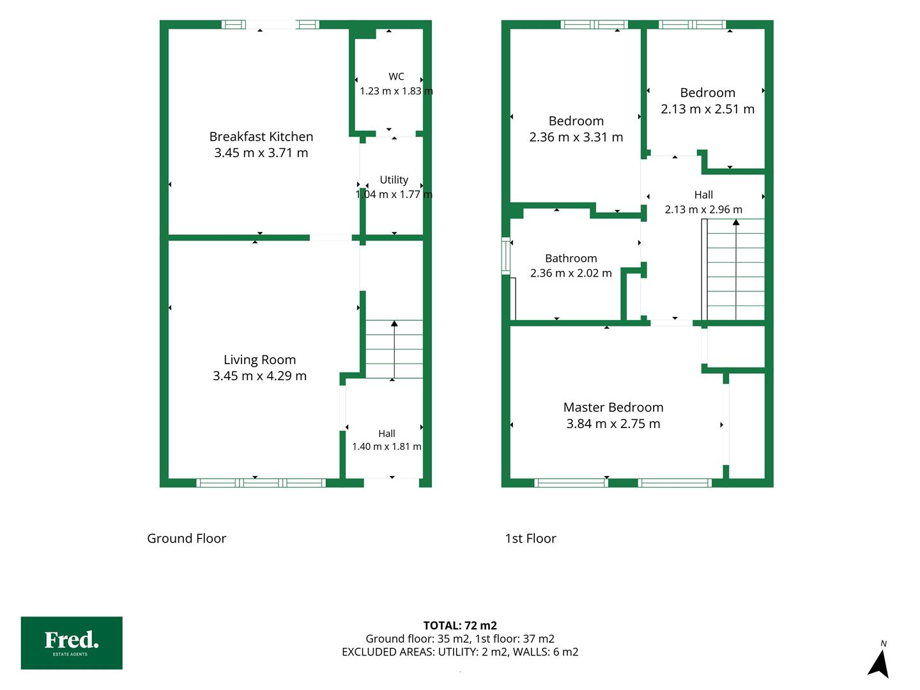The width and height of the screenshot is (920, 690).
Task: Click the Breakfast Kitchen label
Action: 261,137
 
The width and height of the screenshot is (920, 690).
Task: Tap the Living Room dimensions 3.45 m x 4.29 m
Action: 259,376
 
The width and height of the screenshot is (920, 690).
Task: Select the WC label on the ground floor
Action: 396,76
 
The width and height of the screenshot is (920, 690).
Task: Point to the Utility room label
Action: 394,180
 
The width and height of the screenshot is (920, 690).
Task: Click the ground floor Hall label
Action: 387,433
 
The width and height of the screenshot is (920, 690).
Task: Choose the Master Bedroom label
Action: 613,407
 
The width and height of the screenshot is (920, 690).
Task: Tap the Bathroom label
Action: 571,259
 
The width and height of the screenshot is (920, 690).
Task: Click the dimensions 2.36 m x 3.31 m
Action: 576,137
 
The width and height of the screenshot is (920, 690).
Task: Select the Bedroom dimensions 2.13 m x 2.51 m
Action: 707,109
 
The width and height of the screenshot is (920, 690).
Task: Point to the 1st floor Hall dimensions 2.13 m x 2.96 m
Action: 703,210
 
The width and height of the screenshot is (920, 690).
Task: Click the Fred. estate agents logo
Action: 72,643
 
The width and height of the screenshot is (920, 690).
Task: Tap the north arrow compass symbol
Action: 879,663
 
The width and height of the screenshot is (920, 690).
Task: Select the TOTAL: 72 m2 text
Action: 460,625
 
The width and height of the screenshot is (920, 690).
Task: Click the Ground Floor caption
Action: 187,539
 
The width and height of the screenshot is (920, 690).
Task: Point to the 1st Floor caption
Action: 531,539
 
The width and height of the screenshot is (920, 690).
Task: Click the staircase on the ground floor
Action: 394,349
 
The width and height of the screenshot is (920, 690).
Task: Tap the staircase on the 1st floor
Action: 733,270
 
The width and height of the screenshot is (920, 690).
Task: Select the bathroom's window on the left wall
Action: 506,256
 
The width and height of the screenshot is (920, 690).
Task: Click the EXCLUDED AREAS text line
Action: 460,652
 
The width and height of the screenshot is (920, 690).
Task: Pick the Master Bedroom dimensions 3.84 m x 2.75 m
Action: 613,424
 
